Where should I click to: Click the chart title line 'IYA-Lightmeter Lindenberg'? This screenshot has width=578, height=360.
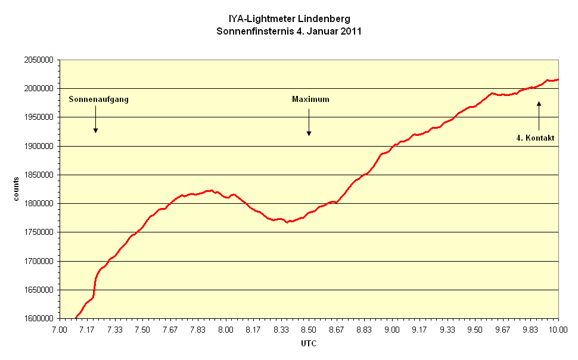tap(288, 19)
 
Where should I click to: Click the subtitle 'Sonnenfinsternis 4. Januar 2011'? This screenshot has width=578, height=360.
tap(288, 30)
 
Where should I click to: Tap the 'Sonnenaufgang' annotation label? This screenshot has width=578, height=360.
tap(98, 99)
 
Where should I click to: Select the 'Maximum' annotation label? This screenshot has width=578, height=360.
tap(310, 99)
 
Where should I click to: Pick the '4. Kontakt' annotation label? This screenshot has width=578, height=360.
tap(535, 138)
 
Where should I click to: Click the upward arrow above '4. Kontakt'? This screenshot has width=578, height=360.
tap(539, 115)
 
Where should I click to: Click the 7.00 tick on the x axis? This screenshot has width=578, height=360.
tap(59, 330)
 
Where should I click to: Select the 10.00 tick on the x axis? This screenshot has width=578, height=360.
tap(558, 330)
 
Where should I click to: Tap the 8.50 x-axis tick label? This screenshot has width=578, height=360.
tap(309, 330)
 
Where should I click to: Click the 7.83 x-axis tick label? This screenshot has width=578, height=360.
tap(198, 330)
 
